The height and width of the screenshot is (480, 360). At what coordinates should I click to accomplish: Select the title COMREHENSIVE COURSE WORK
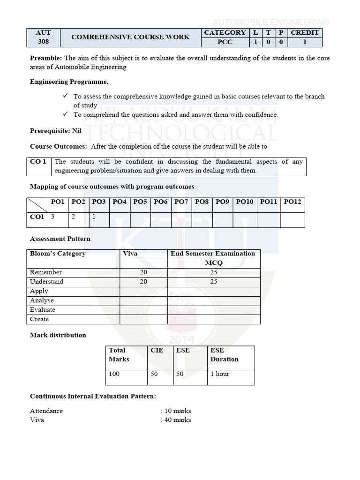point(130,37)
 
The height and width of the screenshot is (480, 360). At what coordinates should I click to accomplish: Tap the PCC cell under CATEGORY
point(225,42)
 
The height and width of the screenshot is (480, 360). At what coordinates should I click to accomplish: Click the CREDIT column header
point(305,32)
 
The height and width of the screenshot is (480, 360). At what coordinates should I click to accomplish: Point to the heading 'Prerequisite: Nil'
point(56,131)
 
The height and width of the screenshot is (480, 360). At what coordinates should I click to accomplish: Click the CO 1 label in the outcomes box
point(38,162)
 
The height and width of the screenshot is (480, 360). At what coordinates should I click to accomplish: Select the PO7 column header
point(181,202)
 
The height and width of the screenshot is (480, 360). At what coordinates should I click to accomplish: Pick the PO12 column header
point(292,202)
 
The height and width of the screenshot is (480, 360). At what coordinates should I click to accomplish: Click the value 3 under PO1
point(53,217)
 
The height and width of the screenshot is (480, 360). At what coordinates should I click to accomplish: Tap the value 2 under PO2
point(73,217)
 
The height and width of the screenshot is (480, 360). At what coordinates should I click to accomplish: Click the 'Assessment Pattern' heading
point(60,239)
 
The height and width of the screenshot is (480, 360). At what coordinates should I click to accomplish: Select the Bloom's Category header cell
point(58,254)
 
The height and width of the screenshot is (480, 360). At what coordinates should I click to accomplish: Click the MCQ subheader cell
point(214,263)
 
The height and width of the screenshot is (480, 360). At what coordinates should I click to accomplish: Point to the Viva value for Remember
point(143,272)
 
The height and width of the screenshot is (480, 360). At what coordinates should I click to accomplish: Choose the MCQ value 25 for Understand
point(214,282)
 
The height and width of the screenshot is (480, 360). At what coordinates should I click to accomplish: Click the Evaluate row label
point(43,310)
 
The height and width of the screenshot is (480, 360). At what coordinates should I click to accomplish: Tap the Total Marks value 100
point(114,374)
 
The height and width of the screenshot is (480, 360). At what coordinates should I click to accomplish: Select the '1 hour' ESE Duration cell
point(220,374)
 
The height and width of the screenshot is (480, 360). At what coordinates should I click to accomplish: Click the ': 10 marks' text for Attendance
point(176,411)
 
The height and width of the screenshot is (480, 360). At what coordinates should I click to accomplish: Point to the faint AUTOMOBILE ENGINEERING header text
point(271,22)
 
